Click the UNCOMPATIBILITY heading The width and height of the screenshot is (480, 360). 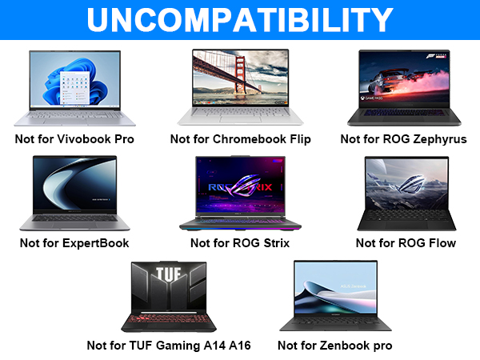pyautogui.click(x=240, y=19)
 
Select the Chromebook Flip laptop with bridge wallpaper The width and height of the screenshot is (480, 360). pyautogui.click(x=240, y=86)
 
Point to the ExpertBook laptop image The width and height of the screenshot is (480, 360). pyautogui.click(x=74, y=192)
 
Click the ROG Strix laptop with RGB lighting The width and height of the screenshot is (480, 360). pyautogui.click(x=240, y=192)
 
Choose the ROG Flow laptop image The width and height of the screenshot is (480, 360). pyautogui.click(x=405, y=192)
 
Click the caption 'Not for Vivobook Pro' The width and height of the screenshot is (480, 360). pyautogui.click(x=74, y=138)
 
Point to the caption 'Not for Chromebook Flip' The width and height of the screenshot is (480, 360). pyautogui.click(x=240, y=138)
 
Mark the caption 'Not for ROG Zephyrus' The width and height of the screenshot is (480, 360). pyautogui.click(x=405, y=138)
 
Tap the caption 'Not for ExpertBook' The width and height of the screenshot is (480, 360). pyautogui.click(x=74, y=242)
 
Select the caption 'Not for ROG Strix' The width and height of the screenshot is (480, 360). pyautogui.click(x=240, y=242)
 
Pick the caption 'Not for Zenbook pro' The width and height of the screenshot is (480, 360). pyautogui.click(x=334, y=346)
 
